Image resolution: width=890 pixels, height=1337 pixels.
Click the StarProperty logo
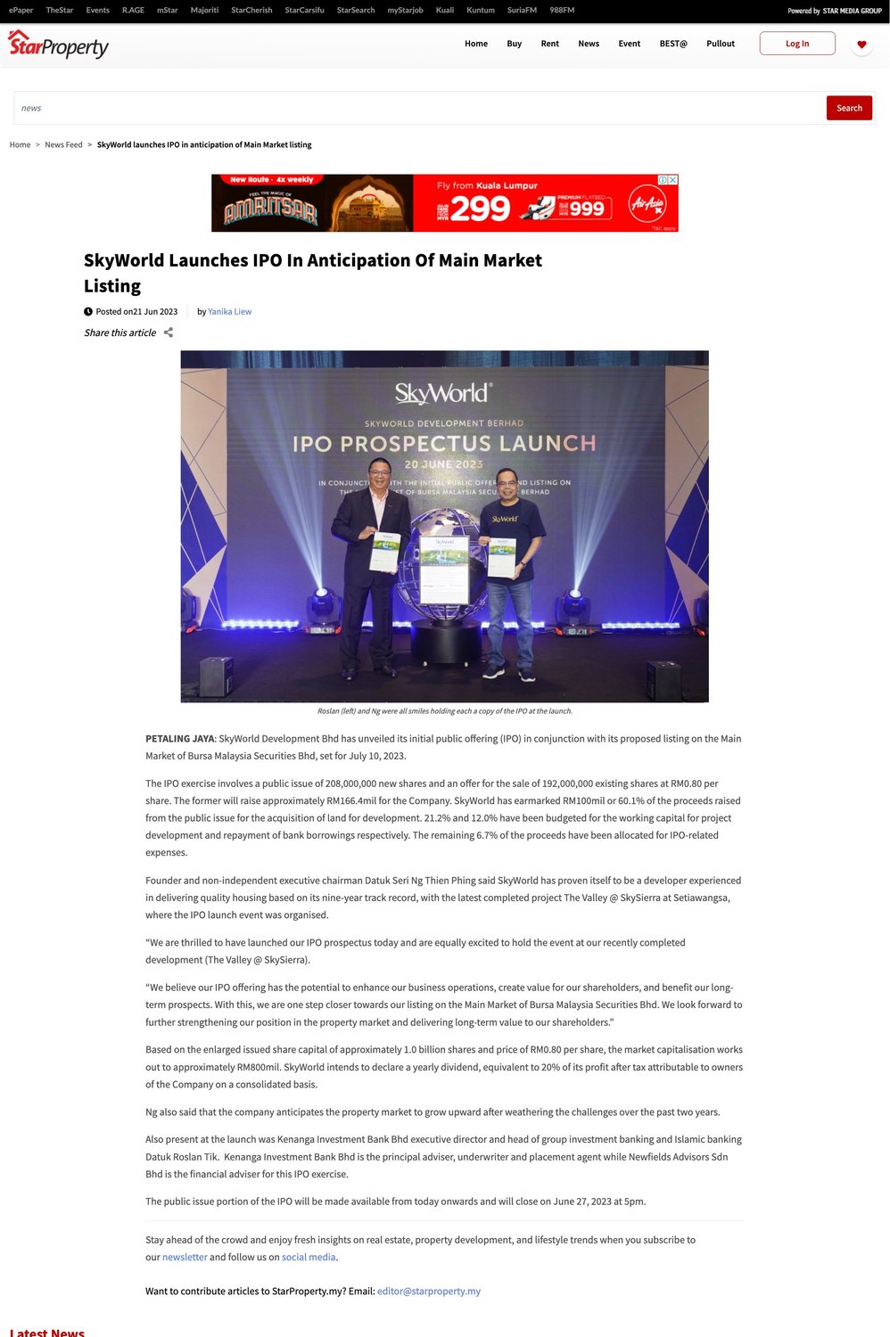click(58, 44)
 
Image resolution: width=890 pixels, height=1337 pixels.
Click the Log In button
click(797, 44)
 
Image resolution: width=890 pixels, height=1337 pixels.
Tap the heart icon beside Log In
click(861, 44)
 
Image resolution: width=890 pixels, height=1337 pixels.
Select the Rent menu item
click(549, 44)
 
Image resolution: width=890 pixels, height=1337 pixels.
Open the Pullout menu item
click(721, 44)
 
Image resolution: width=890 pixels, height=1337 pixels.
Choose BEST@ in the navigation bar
click(673, 44)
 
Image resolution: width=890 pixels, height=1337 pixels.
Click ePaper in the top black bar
click(21, 10)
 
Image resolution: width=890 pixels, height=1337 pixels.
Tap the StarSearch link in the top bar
click(356, 10)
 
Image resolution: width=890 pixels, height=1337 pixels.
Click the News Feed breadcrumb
click(63, 144)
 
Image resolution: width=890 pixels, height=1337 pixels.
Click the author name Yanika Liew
click(229, 312)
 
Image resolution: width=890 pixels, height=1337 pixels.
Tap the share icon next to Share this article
click(168, 332)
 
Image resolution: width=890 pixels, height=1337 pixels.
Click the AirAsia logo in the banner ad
click(647, 204)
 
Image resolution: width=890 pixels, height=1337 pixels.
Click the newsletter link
click(185, 1257)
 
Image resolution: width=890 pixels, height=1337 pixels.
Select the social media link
click(309, 1257)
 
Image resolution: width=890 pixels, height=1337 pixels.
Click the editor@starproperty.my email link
click(428, 1291)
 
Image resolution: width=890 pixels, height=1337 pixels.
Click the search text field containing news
click(419, 108)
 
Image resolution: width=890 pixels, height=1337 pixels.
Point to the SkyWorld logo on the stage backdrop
click(443, 393)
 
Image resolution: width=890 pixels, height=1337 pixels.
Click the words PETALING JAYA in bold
click(179, 739)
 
